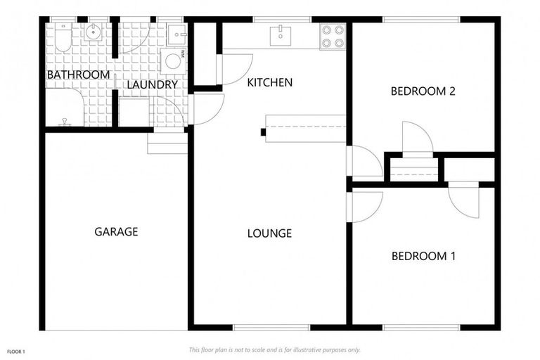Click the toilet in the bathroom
(x=63, y=39)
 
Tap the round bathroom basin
(x=94, y=32)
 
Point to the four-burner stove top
(x=333, y=37)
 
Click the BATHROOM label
(x=78, y=75)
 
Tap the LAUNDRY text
(x=152, y=85)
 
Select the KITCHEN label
(x=269, y=82)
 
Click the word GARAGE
(x=116, y=231)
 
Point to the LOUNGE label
(x=269, y=233)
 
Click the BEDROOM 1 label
(x=423, y=256)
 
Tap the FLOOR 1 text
(x=15, y=350)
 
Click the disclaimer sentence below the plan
(x=274, y=349)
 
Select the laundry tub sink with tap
(x=176, y=32)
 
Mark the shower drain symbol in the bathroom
(x=65, y=120)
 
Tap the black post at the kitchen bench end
(x=263, y=131)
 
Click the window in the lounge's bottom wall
(x=271, y=327)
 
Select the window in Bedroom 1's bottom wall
(x=422, y=327)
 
